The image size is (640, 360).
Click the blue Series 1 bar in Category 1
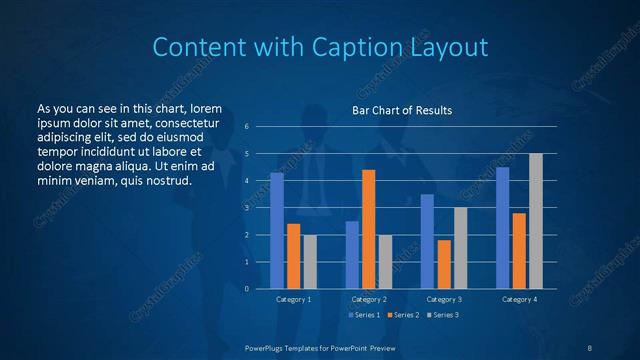[x=277, y=231]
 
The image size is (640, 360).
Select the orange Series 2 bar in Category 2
[x=368, y=229]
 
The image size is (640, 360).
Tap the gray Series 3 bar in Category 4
[x=535, y=221]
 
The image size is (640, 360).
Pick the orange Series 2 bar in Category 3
[x=443, y=264]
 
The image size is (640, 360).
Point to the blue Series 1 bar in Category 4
[x=502, y=228]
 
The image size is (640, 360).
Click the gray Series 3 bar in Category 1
[x=310, y=262]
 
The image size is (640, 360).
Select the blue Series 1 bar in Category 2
[x=352, y=255]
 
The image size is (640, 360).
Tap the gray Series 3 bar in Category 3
[x=460, y=248]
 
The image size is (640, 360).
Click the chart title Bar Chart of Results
[x=402, y=110]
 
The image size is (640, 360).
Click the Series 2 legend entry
[x=403, y=315]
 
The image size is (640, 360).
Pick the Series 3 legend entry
[x=443, y=315]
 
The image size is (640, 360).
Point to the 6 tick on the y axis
[x=247, y=127]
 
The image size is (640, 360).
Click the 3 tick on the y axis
[x=247, y=208]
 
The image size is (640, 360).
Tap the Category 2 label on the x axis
[x=369, y=299]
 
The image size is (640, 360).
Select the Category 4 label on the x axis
[x=519, y=299]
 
